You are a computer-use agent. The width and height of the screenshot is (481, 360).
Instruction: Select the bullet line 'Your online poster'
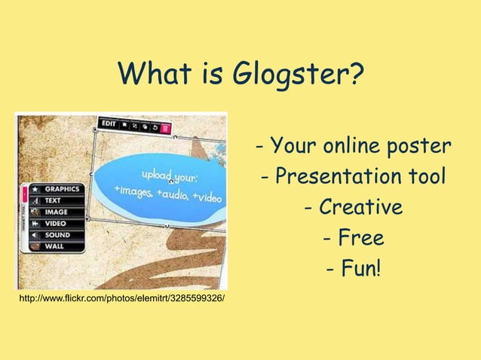(354, 145)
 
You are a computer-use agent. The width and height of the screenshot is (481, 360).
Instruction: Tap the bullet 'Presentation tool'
(354, 176)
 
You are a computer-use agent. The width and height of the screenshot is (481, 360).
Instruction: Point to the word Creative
(354, 207)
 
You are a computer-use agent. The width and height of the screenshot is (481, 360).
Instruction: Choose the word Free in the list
(354, 239)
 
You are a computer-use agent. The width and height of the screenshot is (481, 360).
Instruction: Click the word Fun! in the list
(354, 269)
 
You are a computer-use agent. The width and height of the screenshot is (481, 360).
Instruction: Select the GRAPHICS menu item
(61, 190)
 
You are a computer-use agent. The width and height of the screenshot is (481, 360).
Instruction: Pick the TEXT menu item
(53, 201)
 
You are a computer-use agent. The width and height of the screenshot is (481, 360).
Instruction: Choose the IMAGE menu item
(55, 212)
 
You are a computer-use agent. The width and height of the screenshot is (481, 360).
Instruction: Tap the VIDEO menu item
(55, 224)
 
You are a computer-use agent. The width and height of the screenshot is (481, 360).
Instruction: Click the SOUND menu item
(57, 235)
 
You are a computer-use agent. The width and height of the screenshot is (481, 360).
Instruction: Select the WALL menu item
(54, 246)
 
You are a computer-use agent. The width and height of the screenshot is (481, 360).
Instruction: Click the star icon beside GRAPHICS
(35, 190)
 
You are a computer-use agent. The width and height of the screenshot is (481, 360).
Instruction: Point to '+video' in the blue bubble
(206, 197)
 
